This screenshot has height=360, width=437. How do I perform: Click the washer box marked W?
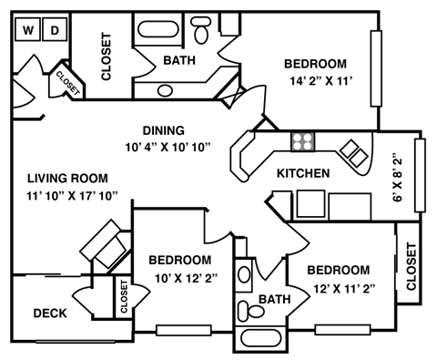28,31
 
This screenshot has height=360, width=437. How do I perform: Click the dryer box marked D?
54,31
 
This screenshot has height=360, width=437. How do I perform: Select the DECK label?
50,314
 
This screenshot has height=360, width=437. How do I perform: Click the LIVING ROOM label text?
67,179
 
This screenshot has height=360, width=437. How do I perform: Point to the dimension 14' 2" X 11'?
315,81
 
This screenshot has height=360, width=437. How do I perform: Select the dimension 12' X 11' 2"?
338,288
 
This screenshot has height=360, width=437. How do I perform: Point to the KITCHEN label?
302,173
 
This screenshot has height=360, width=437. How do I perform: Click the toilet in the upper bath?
203,33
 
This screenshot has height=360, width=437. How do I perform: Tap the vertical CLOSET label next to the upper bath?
106,57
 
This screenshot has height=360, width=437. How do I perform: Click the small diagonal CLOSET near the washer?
67,80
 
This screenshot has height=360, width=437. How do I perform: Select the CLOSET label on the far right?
411,266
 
